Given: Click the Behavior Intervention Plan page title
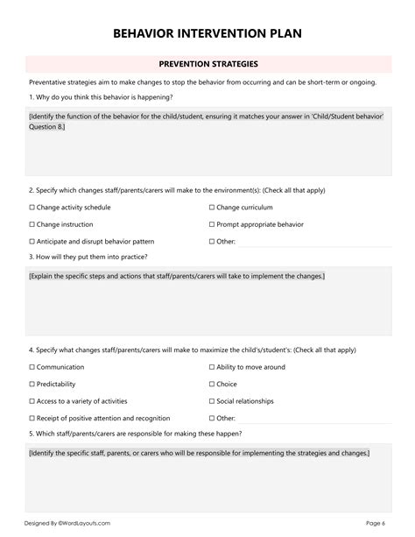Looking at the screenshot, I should [x=207, y=33].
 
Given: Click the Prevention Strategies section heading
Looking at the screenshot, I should [x=207, y=64].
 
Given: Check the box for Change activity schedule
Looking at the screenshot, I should [x=32, y=208].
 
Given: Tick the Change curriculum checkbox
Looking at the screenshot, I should [x=212, y=208].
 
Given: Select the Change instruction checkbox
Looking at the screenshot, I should [x=32, y=224].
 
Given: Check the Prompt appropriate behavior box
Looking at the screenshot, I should [x=212, y=224].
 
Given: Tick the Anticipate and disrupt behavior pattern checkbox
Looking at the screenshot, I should [x=32, y=241].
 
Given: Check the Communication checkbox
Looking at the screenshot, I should [x=32, y=368].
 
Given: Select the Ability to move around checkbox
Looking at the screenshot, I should [x=212, y=368].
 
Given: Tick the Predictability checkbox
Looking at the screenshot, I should [x=32, y=385].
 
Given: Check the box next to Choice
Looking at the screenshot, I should [x=212, y=385].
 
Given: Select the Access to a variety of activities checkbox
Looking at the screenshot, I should [x=32, y=401].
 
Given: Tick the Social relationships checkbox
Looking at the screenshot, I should [x=212, y=401].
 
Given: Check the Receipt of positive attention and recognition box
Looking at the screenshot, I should [x=32, y=418].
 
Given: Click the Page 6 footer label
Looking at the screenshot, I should [x=376, y=523].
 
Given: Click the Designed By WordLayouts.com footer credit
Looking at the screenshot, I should [x=67, y=523].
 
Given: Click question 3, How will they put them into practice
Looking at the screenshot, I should [x=88, y=257].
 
